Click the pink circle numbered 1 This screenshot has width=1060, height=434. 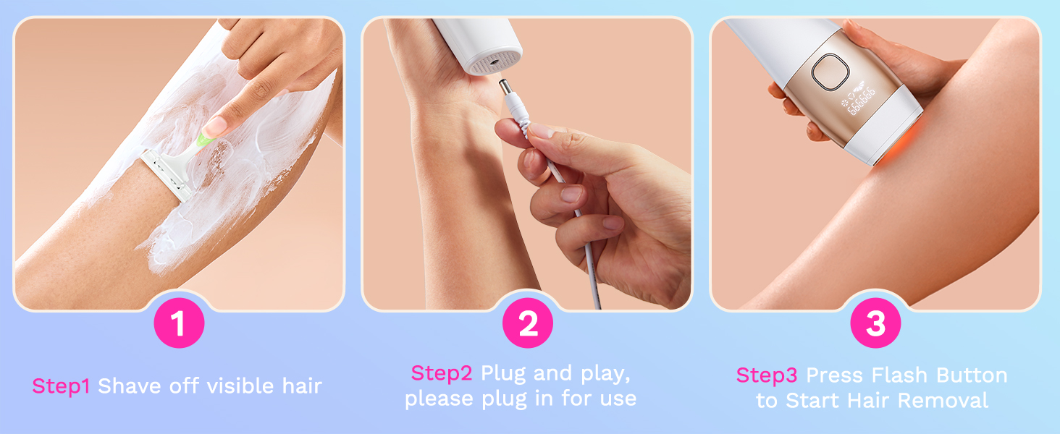(179, 323)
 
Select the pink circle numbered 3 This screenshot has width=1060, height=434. (875, 323)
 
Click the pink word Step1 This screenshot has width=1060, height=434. (61, 386)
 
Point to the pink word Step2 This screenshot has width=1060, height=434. (442, 373)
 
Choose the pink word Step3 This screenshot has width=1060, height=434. (767, 375)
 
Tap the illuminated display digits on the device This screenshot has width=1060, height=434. (860, 98)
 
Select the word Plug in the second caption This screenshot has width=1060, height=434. (504, 373)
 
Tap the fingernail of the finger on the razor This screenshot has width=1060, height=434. (216, 129)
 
